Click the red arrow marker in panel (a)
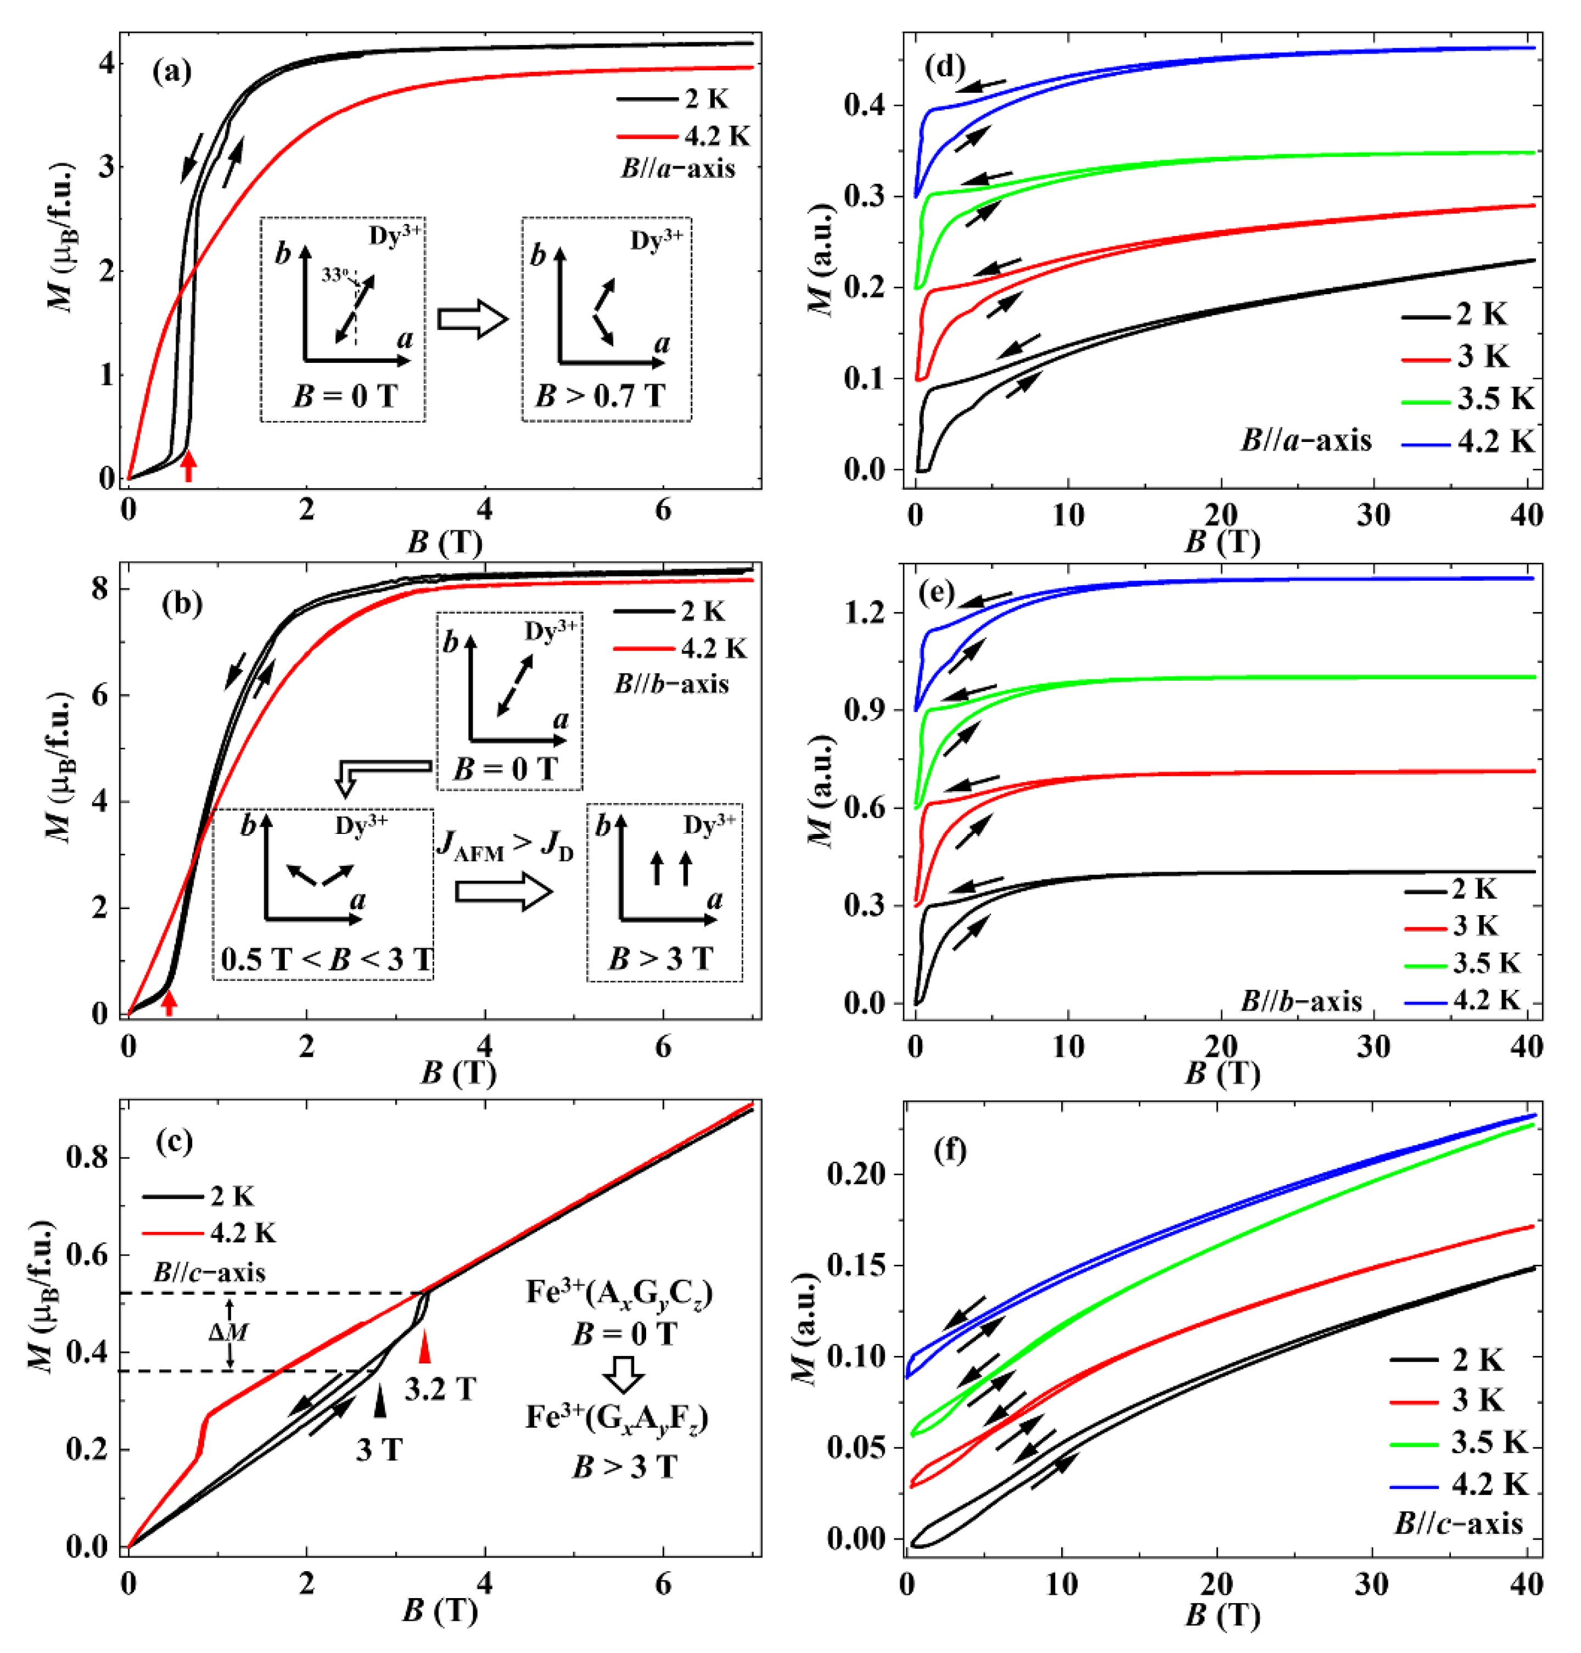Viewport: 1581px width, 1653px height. click(189, 466)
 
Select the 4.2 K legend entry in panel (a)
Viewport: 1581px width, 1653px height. click(683, 136)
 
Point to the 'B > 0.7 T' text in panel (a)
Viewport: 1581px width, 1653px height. click(599, 395)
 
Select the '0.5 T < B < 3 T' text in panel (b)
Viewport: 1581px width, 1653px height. click(326, 959)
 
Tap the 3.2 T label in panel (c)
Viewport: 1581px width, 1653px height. click(440, 1388)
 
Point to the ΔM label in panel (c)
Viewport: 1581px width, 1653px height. click(228, 1332)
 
